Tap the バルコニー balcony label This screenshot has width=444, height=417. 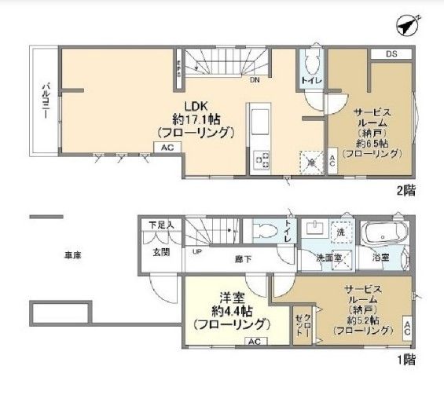click(46, 100)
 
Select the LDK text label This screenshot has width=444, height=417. click(195, 108)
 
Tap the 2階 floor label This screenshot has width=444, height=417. click(406, 190)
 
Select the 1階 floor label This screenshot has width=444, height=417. click(406, 361)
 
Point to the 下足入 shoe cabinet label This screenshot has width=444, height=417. click(161, 225)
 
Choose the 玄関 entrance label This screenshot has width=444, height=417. click(161, 252)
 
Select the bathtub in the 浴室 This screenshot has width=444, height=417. click(385, 234)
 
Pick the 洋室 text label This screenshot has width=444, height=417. click(229, 294)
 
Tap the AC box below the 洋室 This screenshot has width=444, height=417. click(254, 342)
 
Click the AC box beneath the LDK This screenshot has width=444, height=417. click(167, 147)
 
